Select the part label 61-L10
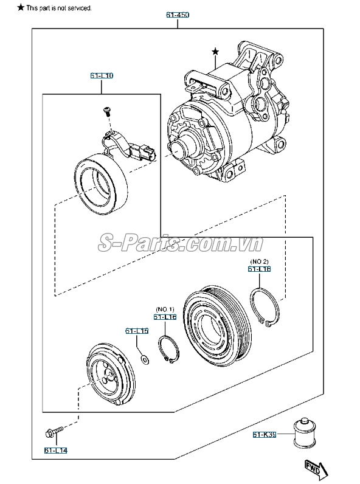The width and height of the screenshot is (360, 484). [x=102, y=75]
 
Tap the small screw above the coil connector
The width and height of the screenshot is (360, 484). [x=108, y=111]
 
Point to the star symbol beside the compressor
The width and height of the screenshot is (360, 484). [x=214, y=53]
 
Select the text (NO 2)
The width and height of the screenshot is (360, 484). [x=259, y=261]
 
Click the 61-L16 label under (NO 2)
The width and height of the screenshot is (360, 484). [x=259, y=269]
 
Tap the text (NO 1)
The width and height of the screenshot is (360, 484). [x=164, y=309]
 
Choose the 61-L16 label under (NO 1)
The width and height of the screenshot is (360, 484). [x=164, y=317]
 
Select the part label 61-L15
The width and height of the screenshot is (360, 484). [x=137, y=331]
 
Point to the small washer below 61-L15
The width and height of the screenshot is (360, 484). [x=145, y=361]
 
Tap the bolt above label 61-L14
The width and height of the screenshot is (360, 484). [x=53, y=433]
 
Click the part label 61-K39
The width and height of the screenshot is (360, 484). [x=265, y=434]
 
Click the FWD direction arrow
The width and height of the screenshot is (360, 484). [x=314, y=469]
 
